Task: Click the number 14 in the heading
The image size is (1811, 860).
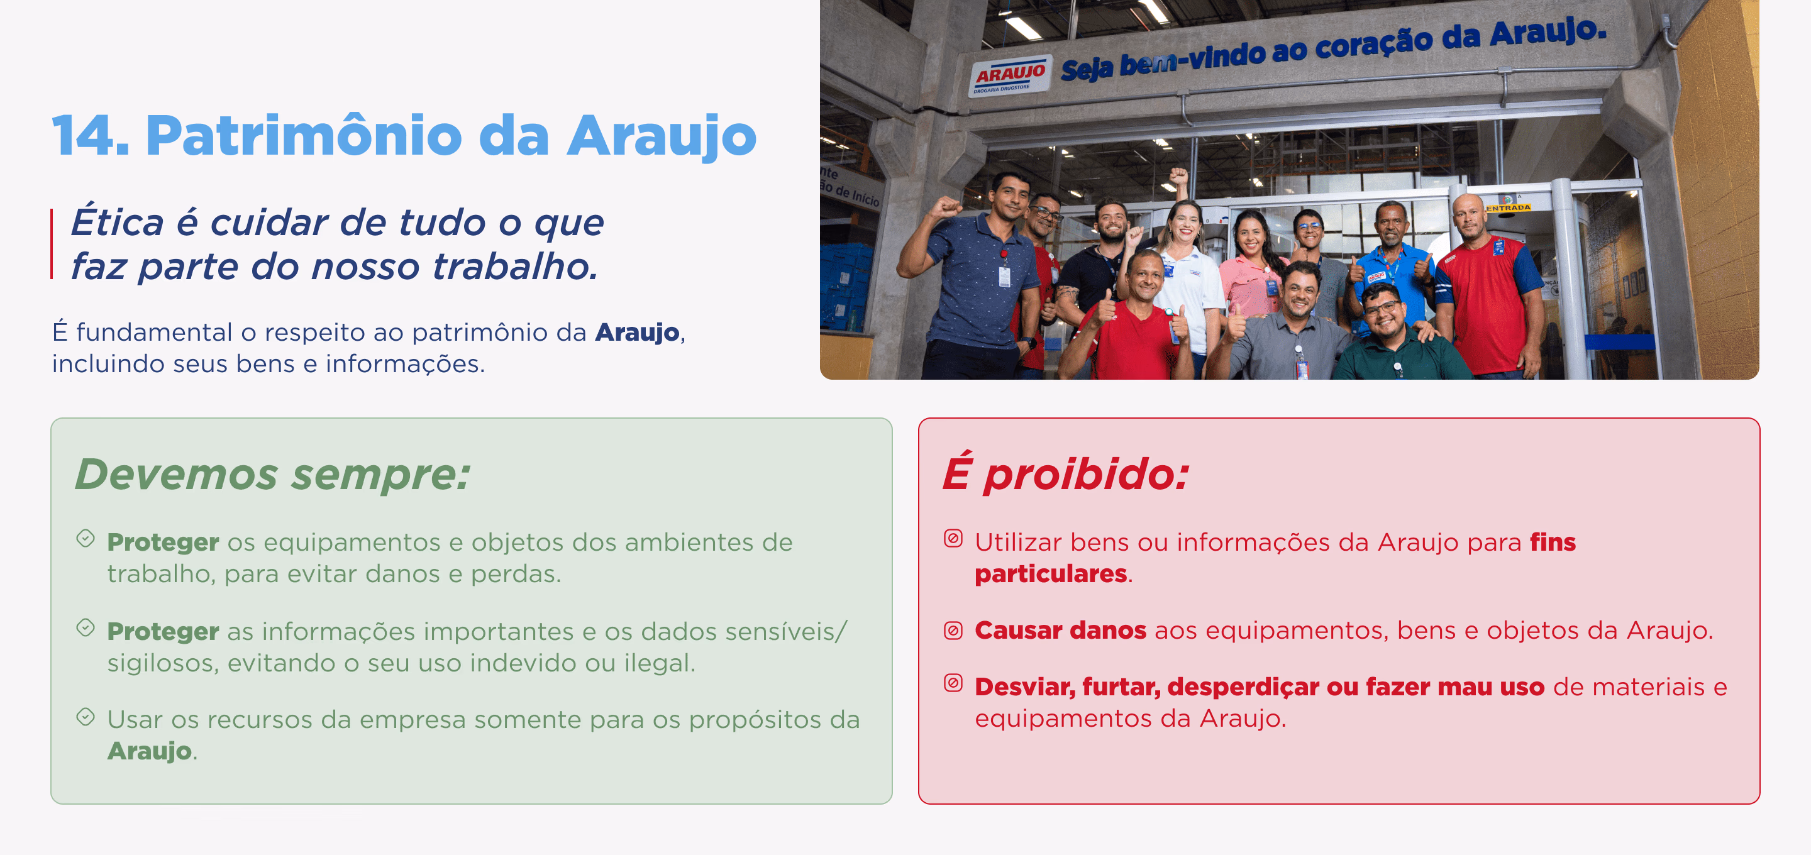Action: pyautogui.click(x=91, y=135)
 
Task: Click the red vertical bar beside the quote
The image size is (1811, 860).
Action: pyautogui.click(x=52, y=244)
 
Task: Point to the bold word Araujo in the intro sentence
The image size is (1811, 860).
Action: pyautogui.click(x=637, y=333)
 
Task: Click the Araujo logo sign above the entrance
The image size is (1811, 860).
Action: pyautogui.click(x=1009, y=76)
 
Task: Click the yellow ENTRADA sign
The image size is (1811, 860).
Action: pyautogui.click(x=1508, y=208)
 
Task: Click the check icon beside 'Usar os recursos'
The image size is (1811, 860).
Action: pyautogui.click(x=86, y=717)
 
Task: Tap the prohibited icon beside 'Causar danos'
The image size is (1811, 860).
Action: pyautogui.click(x=953, y=631)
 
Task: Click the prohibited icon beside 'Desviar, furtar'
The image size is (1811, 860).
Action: pyautogui.click(x=953, y=683)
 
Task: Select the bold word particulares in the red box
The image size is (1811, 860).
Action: pyautogui.click(x=1051, y=574)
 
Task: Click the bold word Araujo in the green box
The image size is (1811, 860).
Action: pyautogui.click(x=149, y=751)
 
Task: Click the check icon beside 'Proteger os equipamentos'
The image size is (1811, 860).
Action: pyautogui.click(x=86, y=539)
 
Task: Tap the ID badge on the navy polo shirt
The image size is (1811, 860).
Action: pyautogui.click(x=1005, y=276)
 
